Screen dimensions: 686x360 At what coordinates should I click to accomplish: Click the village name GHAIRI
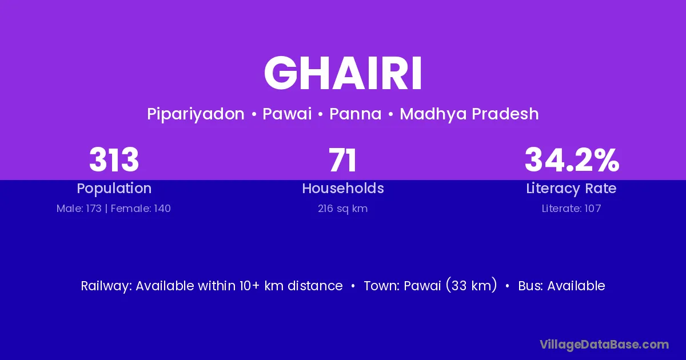[x=343, y=73]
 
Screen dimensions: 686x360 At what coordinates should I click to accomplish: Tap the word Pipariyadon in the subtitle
[x=196, y=114]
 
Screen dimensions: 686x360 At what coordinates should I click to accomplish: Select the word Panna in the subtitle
[x=355, y=114]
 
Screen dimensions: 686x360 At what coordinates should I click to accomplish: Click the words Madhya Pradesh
[x=469, y=114]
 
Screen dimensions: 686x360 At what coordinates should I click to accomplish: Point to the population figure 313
[x=114, y=160]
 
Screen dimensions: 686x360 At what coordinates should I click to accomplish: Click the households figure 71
[x=342, y=160]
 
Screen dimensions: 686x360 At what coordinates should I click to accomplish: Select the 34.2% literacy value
[x=572, y=160]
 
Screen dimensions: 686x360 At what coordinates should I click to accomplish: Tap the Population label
[x=114, y=189]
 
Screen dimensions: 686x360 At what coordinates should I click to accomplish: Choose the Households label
[x=343, y=188]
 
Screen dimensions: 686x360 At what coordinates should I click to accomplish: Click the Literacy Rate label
[x=571, y=189]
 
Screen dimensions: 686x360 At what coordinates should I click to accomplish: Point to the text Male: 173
[x=79, y=209]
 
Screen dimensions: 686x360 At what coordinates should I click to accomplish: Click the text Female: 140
[x=141, y=209]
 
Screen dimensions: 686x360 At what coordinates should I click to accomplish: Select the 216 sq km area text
[x=342, y=209]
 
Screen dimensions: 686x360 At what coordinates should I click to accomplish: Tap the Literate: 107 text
[x=571, y=209]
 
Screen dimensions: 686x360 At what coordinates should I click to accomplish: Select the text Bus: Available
[x=561, y=286]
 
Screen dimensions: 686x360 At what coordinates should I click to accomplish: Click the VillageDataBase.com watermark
[x=604, y=345]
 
